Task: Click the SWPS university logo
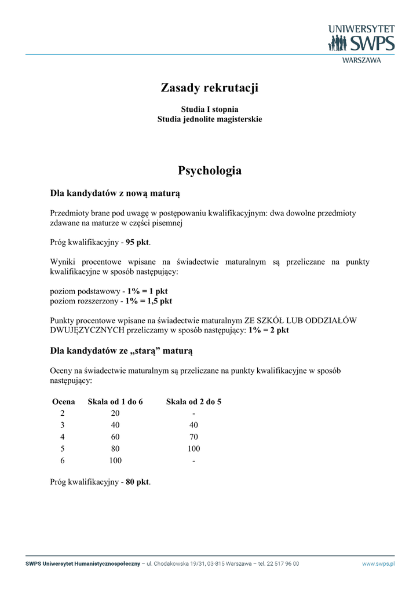point(361,39)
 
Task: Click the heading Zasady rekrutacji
point(209,88)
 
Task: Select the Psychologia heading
point(210,171)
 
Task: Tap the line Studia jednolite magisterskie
point(210,119)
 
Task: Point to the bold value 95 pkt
point(138,243)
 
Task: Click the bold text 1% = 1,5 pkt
point(148,301)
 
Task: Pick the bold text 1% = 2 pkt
point(269,330)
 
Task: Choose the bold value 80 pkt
point(137,482)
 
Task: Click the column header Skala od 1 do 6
point(115,402)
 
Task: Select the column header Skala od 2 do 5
point(193,402)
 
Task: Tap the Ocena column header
point(63,402)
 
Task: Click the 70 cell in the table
point(193,437)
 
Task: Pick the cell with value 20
point(115,413)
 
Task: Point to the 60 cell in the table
point(115,437)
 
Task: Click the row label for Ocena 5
point(63,449)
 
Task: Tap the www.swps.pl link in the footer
point(378,563)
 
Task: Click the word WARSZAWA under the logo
point(362,60)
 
